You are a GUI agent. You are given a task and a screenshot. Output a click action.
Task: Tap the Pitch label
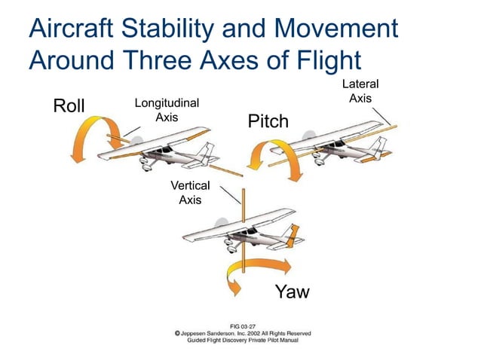pyautogui.click(x=268, y=121)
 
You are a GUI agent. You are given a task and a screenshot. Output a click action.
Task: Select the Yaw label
pyautogui.click(x=292, y=291)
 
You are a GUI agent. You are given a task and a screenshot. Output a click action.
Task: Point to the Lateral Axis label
pyautogui.click(x=360, y=91)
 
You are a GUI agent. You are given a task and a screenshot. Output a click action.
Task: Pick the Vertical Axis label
pyautogui.click(x=190, y=193)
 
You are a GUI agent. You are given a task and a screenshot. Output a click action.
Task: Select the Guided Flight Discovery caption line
pyautogui.click(x=243, y=340)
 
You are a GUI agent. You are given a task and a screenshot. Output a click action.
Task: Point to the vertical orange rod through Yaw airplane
pyautogui.click(x=244, y=226)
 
